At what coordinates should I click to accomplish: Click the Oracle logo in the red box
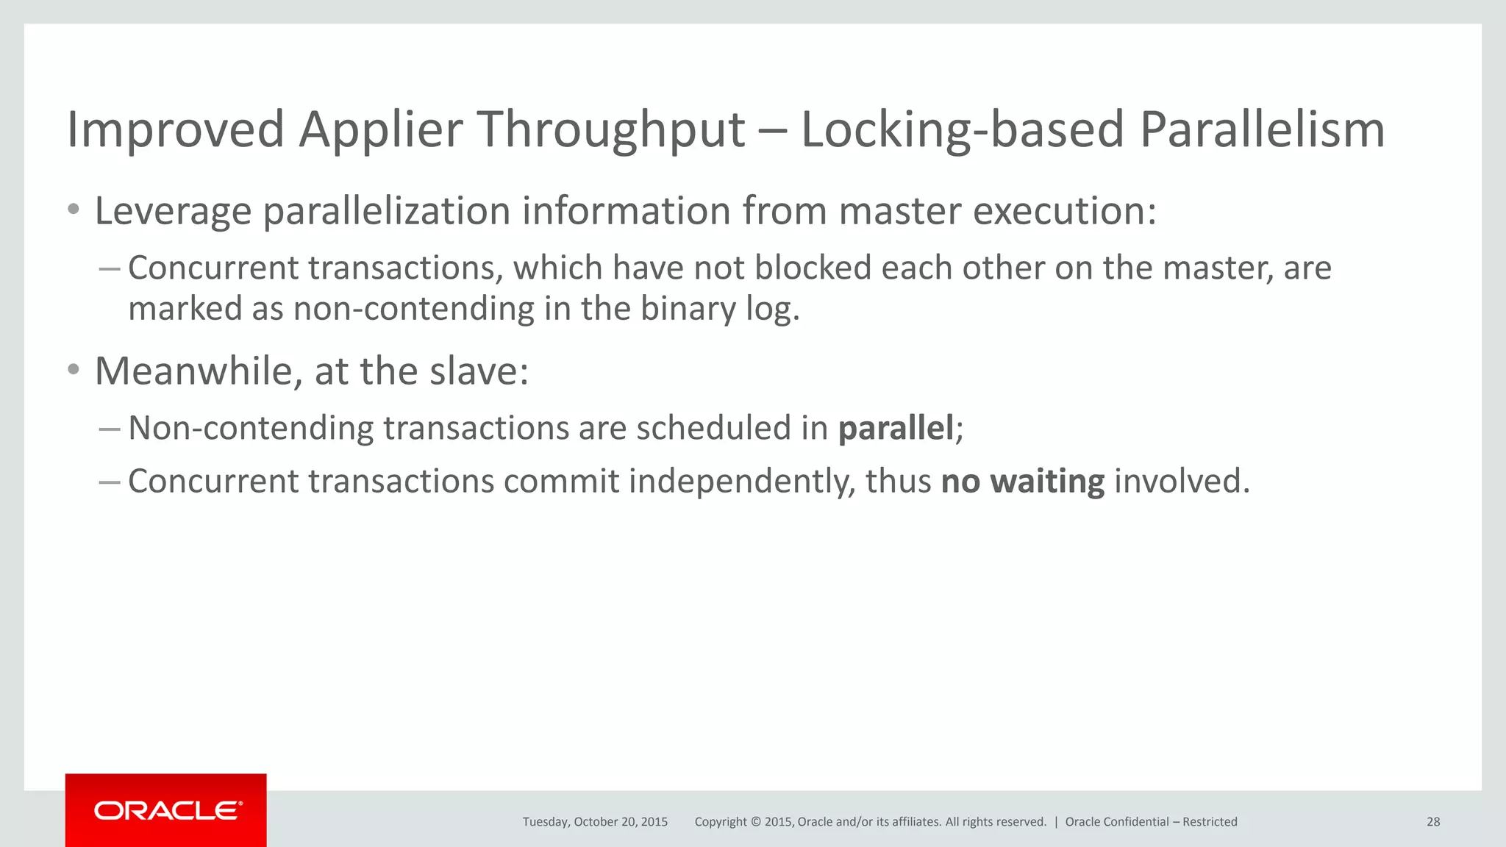167,810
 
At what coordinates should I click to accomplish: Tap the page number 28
1433,822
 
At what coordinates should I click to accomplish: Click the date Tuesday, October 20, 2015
595,822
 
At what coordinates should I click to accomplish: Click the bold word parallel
896,428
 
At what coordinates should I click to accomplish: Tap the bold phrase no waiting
1022,482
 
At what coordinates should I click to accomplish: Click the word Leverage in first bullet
173,212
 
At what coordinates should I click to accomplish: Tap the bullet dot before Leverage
73,210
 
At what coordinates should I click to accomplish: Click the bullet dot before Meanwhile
73,370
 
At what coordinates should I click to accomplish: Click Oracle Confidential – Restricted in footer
1151,822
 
